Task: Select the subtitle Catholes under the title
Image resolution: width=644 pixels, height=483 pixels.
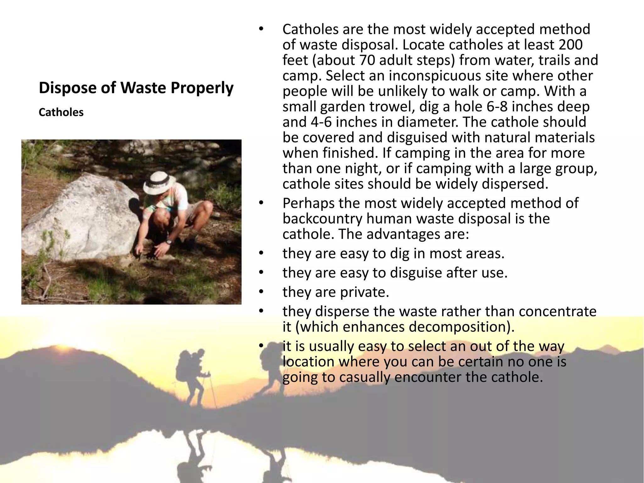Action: (61, 112)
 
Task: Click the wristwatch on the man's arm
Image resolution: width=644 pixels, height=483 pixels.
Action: (169, 242)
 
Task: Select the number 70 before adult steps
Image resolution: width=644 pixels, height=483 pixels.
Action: (367, 60)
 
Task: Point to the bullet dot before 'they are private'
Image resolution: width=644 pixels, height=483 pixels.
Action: (261, 292)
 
